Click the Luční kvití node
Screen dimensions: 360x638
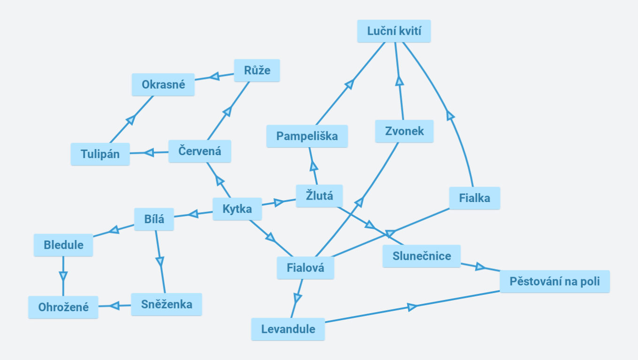[394, 31]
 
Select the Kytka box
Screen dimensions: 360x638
[237, 209]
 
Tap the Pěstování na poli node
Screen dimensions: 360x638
[554, 282]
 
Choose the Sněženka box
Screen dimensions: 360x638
[167, 304]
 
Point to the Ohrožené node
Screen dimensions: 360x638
[63, 307]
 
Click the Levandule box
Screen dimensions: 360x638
[288, 329]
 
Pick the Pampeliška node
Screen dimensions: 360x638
[307, 136]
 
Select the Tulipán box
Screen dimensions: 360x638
[100, 154]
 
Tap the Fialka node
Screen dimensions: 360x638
[475, 198]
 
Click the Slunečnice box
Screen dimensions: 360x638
[421, 256]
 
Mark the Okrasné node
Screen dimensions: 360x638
[163, 85]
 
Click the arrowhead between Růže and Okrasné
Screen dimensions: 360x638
[214, 76]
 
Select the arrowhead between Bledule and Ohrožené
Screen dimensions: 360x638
[63, 275]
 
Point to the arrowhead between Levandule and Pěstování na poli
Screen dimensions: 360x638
[412, 307]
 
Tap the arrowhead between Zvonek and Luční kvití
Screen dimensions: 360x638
[399, 81]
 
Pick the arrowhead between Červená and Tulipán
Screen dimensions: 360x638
[149, 152]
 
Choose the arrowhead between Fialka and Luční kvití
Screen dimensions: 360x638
[450, 115]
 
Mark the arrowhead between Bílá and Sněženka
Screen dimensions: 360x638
[160, 261]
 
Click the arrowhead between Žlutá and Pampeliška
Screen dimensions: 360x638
[314, 166]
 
